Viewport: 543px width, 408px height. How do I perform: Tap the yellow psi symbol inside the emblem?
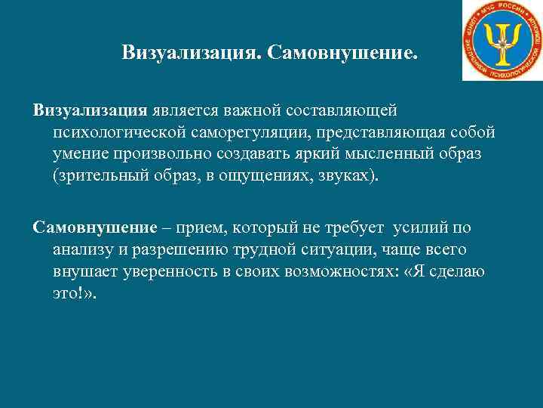502,41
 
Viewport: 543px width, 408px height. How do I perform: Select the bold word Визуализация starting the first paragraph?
90,111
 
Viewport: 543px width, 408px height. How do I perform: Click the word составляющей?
343,111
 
